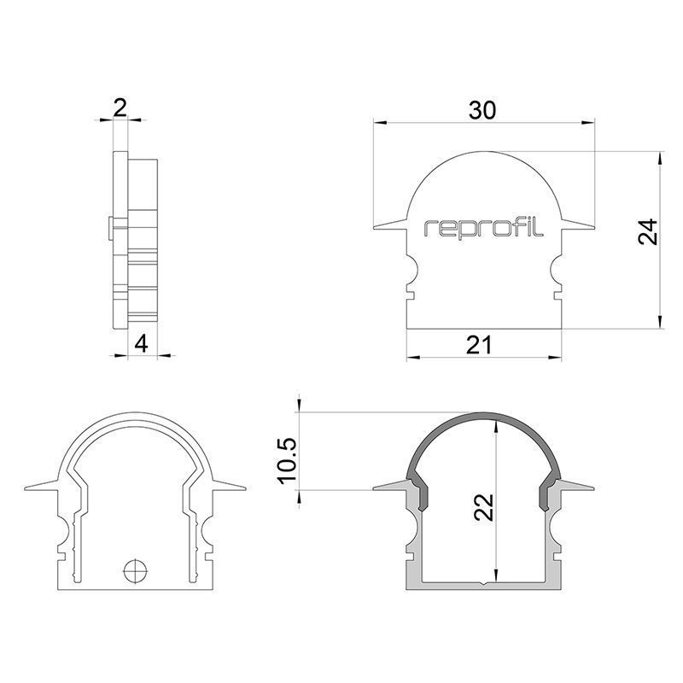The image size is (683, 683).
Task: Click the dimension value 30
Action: pos(482,111)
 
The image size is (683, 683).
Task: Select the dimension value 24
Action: pos(648,231)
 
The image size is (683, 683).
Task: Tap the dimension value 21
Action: pos(479,346)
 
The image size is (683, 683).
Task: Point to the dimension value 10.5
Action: pos(288,461)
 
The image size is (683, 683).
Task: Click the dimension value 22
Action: pos(483,507)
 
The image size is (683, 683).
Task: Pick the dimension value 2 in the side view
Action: pos(120,108)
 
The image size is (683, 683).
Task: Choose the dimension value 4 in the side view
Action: pos(141,345)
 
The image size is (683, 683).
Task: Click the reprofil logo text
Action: pos(483,228)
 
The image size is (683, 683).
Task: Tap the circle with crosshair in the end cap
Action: pos(136,569)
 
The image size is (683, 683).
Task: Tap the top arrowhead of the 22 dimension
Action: pos(496,426)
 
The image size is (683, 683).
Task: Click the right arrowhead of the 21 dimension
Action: pos(554,358)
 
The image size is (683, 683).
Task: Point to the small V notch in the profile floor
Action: pos(484,583)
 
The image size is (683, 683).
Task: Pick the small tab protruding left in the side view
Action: pos(111,227)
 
